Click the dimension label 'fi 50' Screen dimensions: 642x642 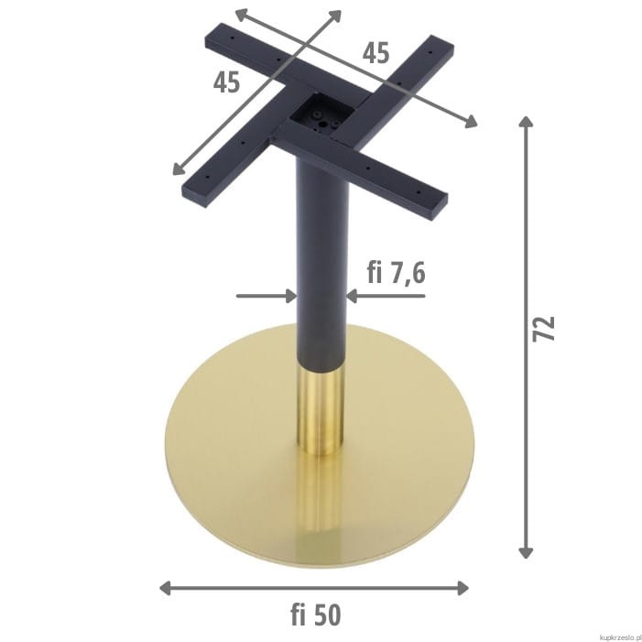coord(316,615)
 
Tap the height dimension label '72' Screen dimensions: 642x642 coord(544,329)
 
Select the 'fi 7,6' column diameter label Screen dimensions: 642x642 coord(396,272)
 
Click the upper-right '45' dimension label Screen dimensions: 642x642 coord(375,53)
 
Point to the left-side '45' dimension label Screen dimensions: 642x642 coord(226,82)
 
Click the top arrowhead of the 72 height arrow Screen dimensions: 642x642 coord(526,122)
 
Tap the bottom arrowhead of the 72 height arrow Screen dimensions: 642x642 coord(526,552)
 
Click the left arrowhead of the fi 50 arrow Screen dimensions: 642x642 coord(166,588)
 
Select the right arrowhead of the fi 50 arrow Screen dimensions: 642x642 coord(462,588)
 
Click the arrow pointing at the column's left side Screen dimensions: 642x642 coord(267,296)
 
